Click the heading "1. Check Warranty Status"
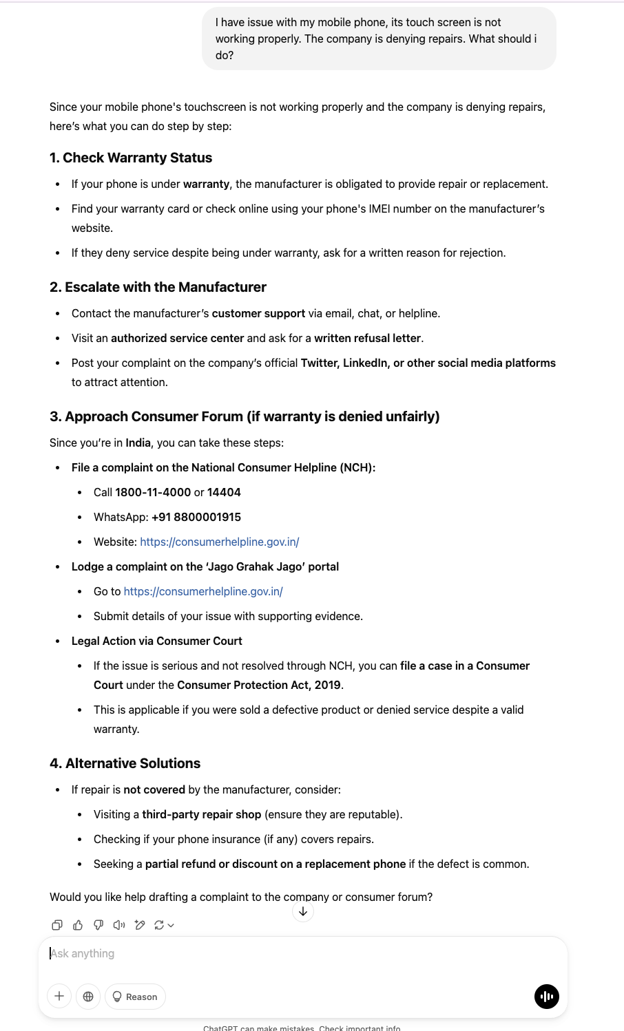131,158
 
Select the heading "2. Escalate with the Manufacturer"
158,287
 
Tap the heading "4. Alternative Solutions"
125,763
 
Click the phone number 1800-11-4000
153,492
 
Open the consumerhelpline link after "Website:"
219,542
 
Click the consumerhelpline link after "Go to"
203,591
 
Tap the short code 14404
224,492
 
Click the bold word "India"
138,443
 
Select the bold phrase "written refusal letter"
367,338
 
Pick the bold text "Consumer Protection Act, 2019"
259,685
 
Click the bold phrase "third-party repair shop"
201,814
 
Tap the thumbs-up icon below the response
78,925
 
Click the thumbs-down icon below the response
98,925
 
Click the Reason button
135,997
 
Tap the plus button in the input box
59,996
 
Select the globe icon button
88,996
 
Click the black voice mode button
547,996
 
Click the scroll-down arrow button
303,911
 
